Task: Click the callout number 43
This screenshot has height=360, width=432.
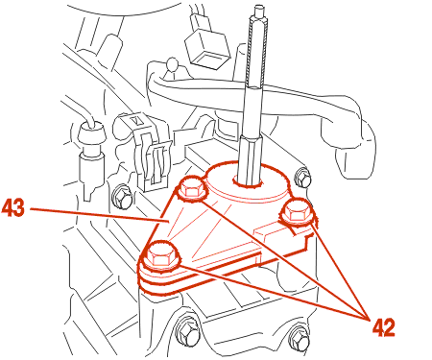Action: coord(13,208)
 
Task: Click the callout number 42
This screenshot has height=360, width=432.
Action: coord(384,327)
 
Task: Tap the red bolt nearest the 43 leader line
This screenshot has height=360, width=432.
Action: coord(191,189)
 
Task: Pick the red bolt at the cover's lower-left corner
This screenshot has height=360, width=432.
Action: coord(160,255)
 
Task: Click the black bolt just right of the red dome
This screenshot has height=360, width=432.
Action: coord(302,178)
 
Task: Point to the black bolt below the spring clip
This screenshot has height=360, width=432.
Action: coord(122,196)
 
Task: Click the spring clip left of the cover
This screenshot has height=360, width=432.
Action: coord(148,151)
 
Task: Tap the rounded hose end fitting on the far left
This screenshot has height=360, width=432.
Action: coord(91,133)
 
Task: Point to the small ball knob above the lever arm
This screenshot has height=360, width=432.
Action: coord(173,63)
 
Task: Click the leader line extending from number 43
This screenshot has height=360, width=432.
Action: coord(99,215)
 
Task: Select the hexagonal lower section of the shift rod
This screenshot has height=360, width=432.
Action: coord(252,158)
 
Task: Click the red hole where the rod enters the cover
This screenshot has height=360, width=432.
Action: coord(248,180)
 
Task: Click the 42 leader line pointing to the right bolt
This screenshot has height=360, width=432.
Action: coord(340,271)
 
